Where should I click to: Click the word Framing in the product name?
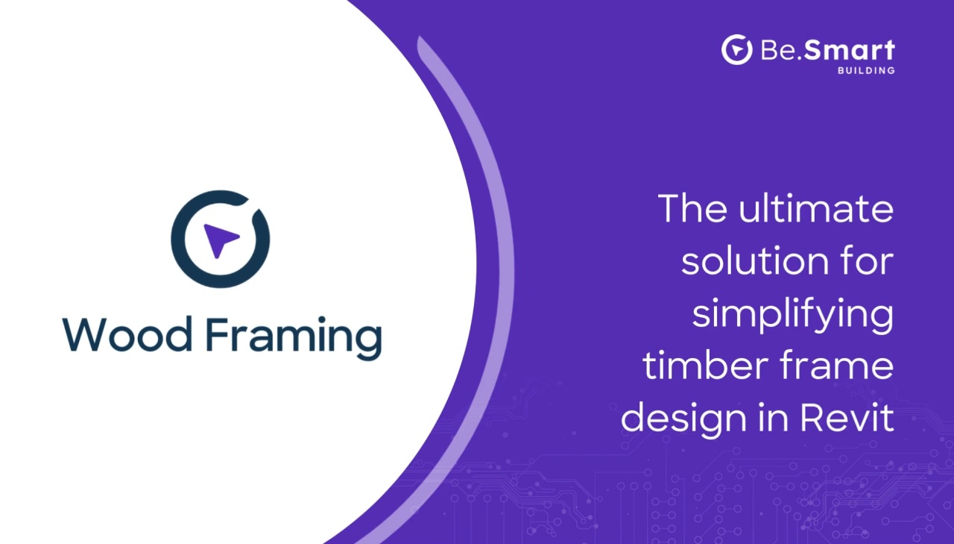pos(294,338)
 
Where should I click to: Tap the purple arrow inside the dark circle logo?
pos(221,240)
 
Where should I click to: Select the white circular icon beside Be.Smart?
pos(736,50)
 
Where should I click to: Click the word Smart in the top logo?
pos(849,50)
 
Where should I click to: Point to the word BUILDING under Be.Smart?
pos(866,71)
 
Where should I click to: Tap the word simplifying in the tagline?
pos(792,316)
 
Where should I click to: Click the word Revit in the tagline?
pos(847,417)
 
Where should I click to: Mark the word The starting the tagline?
pos(692,208)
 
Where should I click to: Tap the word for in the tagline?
pos(867,260)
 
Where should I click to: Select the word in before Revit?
pos(774,417)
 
